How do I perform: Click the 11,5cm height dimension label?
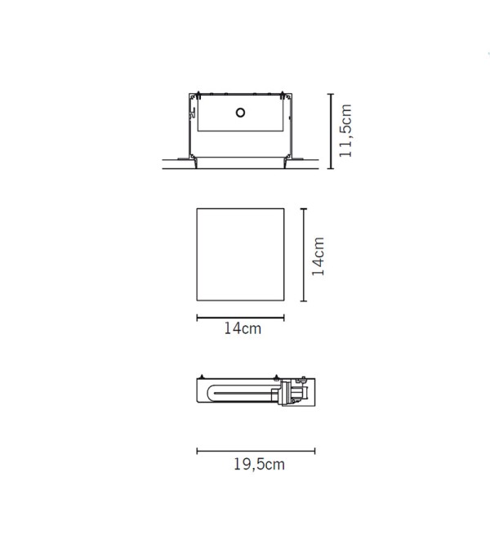[345, 131]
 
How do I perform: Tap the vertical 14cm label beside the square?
[318, 256]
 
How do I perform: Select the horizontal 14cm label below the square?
[243, 328]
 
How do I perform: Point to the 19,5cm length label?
[259, 465]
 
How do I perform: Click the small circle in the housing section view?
[240, 113]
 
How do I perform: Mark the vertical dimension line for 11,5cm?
[331, 131]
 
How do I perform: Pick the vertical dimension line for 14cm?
[304, 255]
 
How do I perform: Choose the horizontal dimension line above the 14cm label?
[240, 318]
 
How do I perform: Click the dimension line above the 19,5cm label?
[256, 451]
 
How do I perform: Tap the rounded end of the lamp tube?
[210, 394]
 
